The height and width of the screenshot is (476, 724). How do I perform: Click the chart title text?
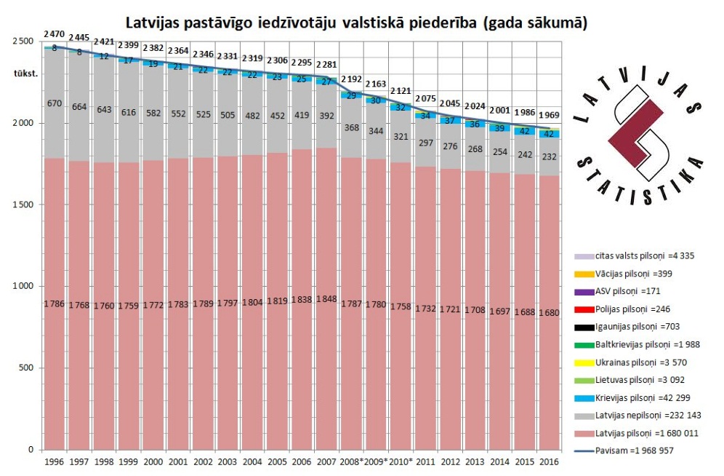click(356, 22)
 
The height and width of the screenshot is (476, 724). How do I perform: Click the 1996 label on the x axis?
click(54, 462)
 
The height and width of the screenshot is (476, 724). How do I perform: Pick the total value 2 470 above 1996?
click(55, 34)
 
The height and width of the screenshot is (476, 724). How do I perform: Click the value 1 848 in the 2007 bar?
click(326, 300)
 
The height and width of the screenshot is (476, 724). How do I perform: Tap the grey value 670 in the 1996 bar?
click(55, 103)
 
